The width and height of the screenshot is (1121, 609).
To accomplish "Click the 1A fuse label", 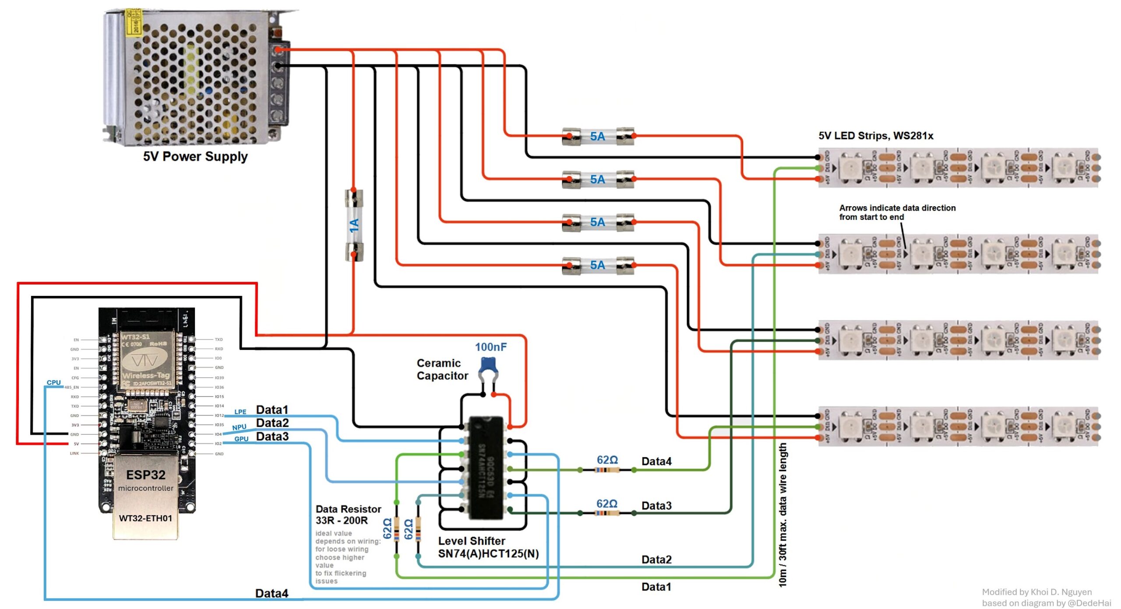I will pos(354,225).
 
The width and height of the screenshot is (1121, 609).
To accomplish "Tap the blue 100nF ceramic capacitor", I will pos(488,365).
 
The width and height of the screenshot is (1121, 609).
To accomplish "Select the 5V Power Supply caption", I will pos(195,156).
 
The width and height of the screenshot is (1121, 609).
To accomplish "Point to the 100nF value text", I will pos(491,347).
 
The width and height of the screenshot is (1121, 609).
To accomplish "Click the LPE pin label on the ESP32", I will pos(240,412).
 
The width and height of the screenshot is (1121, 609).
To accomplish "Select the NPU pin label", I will pos(239,427).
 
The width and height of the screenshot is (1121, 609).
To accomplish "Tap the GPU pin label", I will pos(241,439).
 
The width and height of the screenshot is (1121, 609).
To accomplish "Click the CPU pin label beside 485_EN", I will pos(54,382).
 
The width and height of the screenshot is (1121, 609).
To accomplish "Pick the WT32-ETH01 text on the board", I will pos(145,518).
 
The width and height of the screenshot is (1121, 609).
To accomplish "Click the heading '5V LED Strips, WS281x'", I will pos(876,136).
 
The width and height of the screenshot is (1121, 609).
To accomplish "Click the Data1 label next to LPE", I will pos(272,410).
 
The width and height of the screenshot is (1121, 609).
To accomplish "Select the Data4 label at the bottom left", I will pos(271,593).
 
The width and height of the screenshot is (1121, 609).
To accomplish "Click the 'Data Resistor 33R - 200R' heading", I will pos(348,514).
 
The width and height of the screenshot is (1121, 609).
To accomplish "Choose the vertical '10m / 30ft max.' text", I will pos(783,514).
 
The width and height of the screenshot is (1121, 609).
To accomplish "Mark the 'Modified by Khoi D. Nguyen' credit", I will pos(1036,592).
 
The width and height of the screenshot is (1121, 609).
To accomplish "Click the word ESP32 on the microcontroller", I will pos(146,475).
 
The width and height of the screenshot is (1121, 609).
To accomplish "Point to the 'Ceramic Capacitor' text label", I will pos(442,369).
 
